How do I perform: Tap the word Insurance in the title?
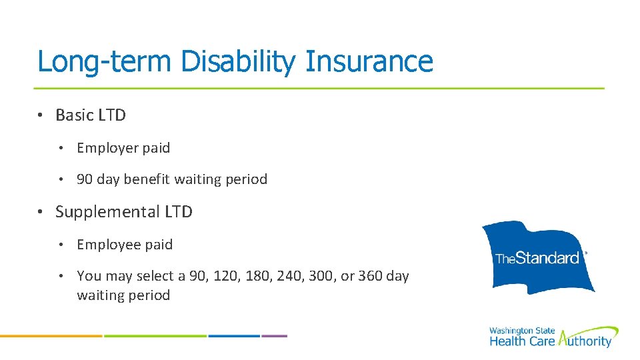point(369,61)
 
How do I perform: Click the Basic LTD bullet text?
point(91,115)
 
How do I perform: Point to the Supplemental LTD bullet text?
point(124,212)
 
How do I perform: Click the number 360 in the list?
point(370,276)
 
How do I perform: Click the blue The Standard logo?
point(538,257)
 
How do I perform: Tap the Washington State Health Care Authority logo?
point(553,337)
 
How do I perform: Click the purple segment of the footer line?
point(275,336)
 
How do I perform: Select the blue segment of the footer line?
point(234,336)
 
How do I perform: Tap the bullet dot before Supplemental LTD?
point(41,212)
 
